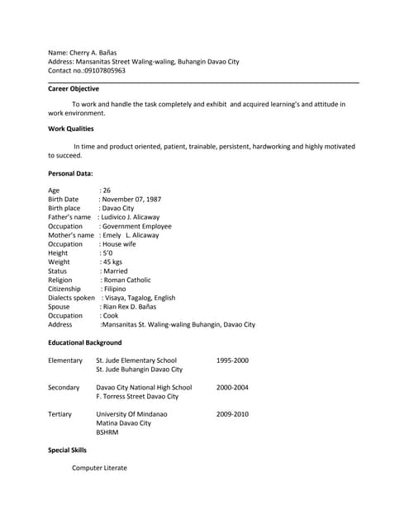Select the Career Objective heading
point(74,88)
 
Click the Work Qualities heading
point(71,129)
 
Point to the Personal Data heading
point(70,173)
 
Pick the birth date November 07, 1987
point(131,199)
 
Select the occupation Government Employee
point(136,226)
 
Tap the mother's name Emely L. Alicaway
point(130,235)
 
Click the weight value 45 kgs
point(112,262)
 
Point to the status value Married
point(115,271)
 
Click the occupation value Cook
point(110,315)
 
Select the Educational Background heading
point(85,342)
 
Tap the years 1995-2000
point(232,361)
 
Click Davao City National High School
point(144,387)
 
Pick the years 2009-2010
point(232,414)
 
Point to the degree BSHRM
point(107,431)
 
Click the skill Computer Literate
point(99,468)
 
